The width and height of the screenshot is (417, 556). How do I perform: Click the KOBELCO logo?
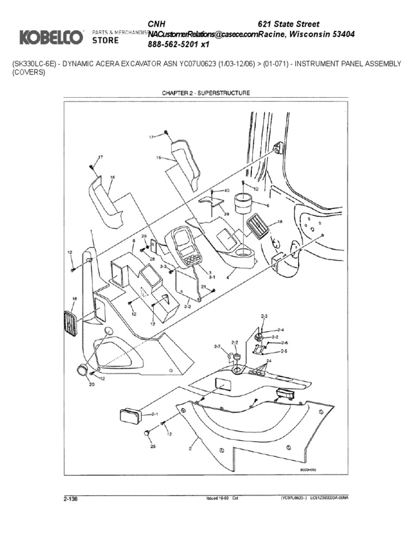[52, 37]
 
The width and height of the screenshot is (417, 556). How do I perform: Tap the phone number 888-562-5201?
[174, 45]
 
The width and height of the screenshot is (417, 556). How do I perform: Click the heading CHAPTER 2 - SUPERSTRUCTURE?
[206, 93]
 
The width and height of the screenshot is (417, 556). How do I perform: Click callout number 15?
[159, 159]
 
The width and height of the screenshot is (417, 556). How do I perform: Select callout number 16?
[112, 177]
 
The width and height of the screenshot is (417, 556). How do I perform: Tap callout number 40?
[226, 191]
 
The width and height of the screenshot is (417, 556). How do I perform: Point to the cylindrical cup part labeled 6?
[244, 205]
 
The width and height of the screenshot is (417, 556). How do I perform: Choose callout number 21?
[204, 287]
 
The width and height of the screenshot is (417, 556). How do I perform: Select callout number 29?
[144, 237]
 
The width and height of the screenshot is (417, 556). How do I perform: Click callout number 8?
[133, 240]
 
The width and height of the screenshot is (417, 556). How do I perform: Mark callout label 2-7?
[217, 346]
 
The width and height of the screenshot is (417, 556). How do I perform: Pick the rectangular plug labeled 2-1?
[130, 417]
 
